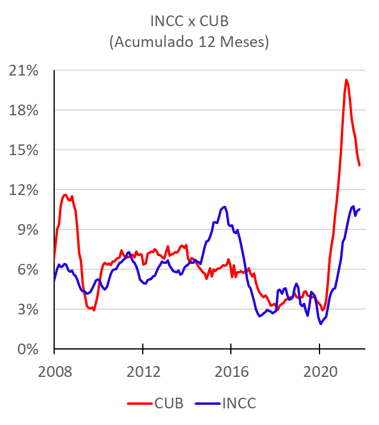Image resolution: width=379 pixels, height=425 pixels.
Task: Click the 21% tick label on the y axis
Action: pos(24,71)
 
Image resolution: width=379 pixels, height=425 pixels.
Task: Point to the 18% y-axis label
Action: pos(24,111)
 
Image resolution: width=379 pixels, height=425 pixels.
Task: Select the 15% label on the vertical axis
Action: pos(24,150)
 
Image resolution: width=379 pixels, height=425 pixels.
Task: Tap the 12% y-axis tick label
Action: pos(24,190)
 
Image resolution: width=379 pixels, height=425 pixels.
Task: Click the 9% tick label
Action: pos(28,229)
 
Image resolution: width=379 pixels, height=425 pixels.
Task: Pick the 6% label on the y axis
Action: pos(28,269)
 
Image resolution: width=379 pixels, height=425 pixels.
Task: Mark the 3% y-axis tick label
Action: pos(28,309)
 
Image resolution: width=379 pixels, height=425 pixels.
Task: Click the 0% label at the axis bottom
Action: pos(28,349)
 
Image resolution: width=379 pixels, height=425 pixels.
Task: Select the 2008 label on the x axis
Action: pos(55,372)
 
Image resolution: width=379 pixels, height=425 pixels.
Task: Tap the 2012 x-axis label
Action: pos(143,372)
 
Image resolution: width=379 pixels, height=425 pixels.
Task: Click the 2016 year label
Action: pos(231,372)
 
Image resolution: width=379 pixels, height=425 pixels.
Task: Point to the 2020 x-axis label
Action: pos(320,372)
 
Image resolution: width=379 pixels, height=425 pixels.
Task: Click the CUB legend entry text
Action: pos(169,404)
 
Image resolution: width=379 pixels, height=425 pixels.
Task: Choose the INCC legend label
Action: pos(239,404)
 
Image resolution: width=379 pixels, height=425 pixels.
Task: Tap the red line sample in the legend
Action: pos(140,404)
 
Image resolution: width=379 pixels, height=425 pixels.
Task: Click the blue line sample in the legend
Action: pos(208,404)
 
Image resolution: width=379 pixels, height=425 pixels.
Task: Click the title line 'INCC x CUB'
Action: pos(189,21)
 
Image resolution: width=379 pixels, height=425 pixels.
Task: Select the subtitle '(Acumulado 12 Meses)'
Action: pos(189,42)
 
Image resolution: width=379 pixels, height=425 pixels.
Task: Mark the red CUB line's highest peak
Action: pos(346,80)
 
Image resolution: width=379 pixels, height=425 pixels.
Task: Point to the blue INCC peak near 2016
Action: pos(224,207)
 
